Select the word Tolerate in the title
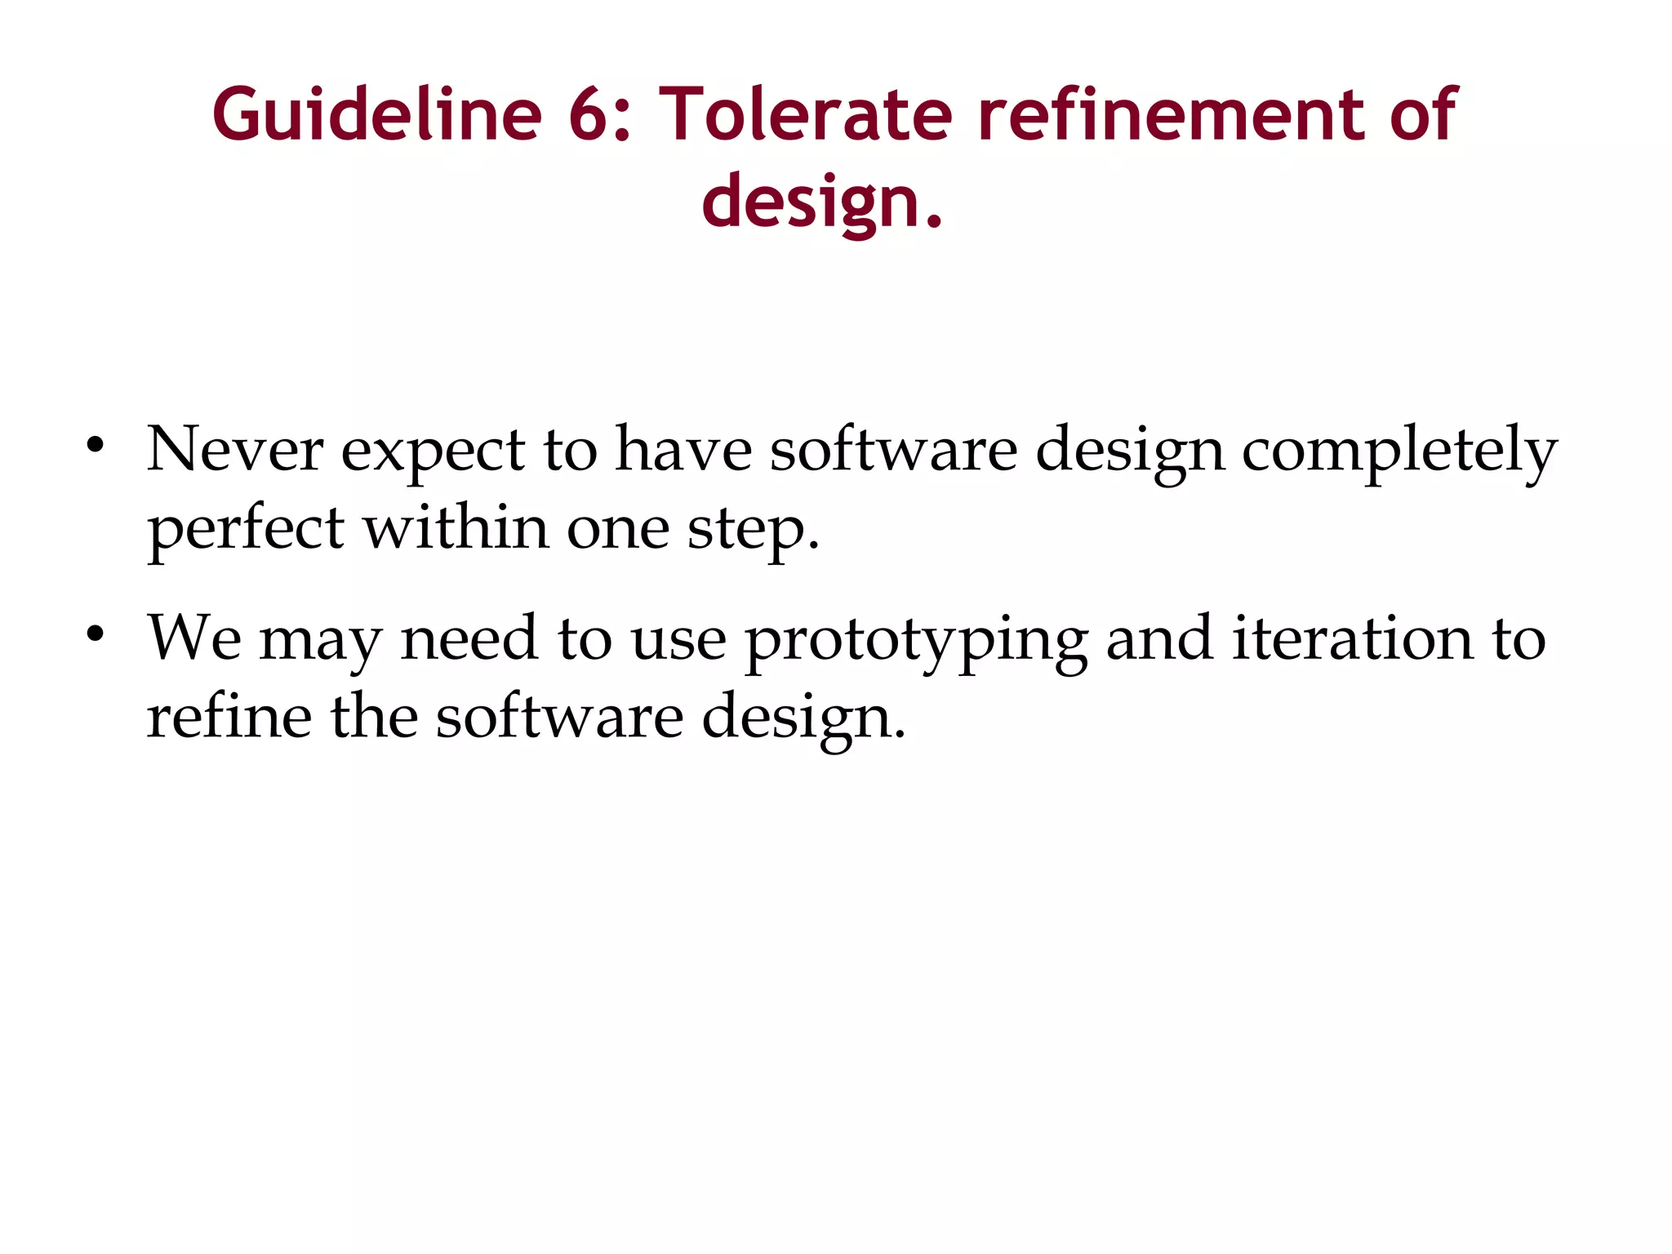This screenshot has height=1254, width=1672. coord(805,115)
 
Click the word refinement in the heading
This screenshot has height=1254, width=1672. coord(1171,115)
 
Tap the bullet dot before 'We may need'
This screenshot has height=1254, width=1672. coord(96,634)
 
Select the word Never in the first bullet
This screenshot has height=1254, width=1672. coord(234,450)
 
